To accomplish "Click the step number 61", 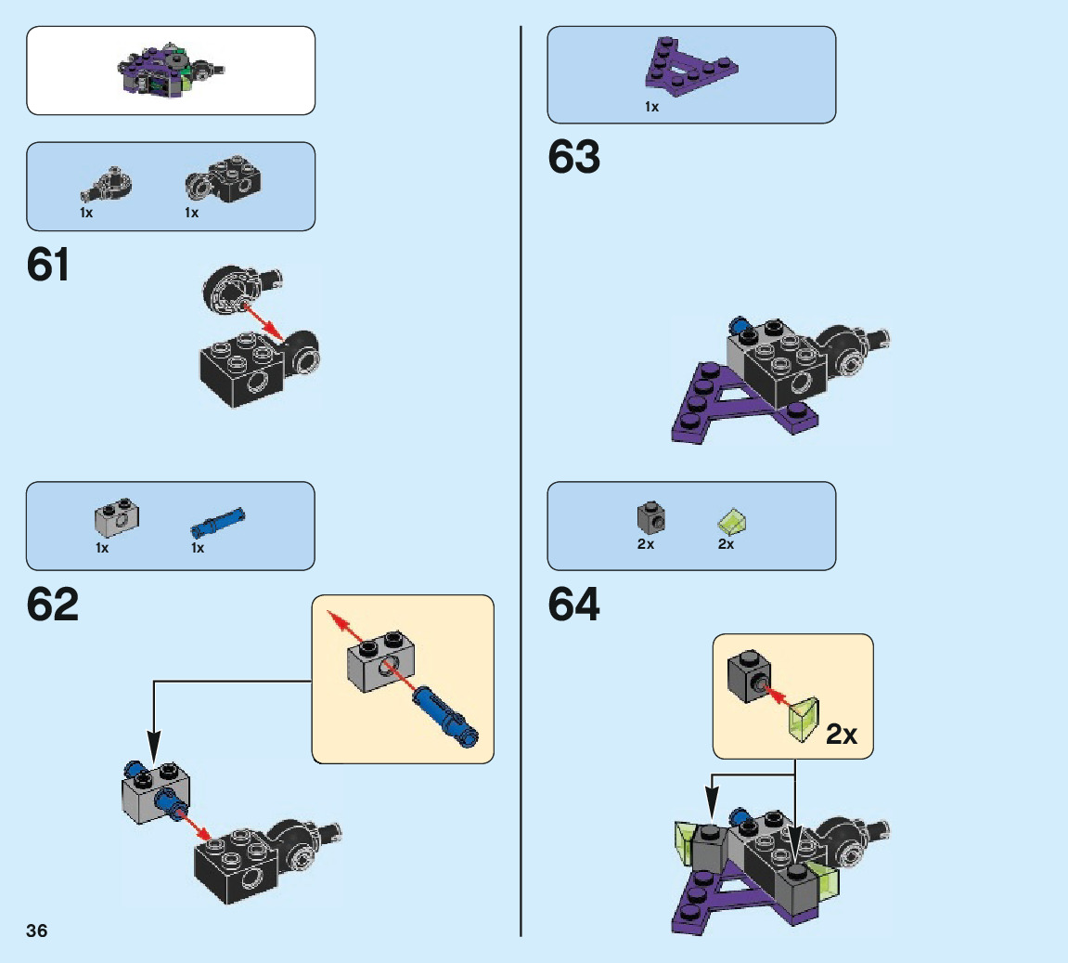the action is [x=48, y=266].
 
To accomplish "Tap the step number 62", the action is [x=53, y=605].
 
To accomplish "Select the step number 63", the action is [x=573, y=158].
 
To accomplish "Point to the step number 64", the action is [x=574, y=605].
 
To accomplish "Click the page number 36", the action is [x=37, y=931].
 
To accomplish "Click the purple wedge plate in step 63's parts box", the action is [x=690, y=67].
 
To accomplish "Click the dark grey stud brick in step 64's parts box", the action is [x=650, y=517].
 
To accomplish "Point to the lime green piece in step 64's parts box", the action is [x=733, y=522].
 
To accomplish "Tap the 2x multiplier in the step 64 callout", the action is [x=842, y=735].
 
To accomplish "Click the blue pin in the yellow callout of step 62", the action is [x=446, y=713].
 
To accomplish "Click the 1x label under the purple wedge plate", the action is [x=651, y=107].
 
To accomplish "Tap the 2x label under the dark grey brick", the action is [x=645, y=545].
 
